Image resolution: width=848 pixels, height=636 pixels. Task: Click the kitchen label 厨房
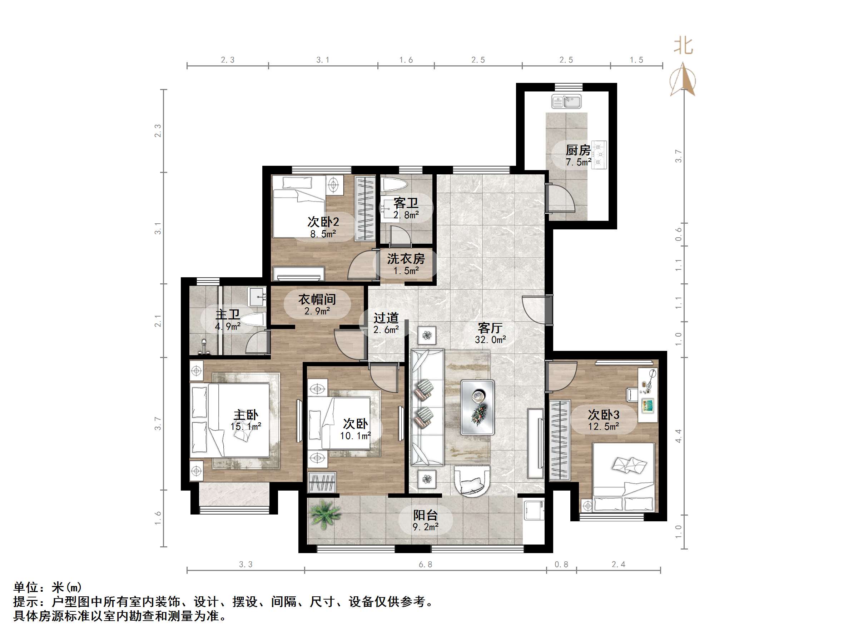point(578,150)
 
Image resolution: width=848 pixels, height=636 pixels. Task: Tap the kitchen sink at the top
point(566,102)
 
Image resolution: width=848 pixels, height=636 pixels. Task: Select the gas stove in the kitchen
point(599,155)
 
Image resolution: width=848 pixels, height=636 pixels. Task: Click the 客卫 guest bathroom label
point(406,203)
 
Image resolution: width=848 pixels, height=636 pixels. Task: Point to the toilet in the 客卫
point(395,184)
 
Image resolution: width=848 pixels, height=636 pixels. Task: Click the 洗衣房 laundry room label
point(406,259)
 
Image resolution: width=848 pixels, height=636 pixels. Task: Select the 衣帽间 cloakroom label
point(317,299)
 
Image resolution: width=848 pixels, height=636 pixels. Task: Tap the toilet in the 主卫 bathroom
point(255,319)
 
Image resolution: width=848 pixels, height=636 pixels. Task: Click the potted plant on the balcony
point(325,514)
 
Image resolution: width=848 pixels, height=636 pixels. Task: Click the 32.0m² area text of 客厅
point(490,340)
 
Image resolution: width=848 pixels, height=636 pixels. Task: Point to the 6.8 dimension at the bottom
point(425,564)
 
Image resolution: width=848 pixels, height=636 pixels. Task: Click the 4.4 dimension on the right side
point(678,436)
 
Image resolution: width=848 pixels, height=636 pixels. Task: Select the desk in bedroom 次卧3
point(648,395)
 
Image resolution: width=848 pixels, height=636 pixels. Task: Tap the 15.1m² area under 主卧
point(246,426)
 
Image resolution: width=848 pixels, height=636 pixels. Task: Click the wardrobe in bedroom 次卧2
point(365,208)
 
